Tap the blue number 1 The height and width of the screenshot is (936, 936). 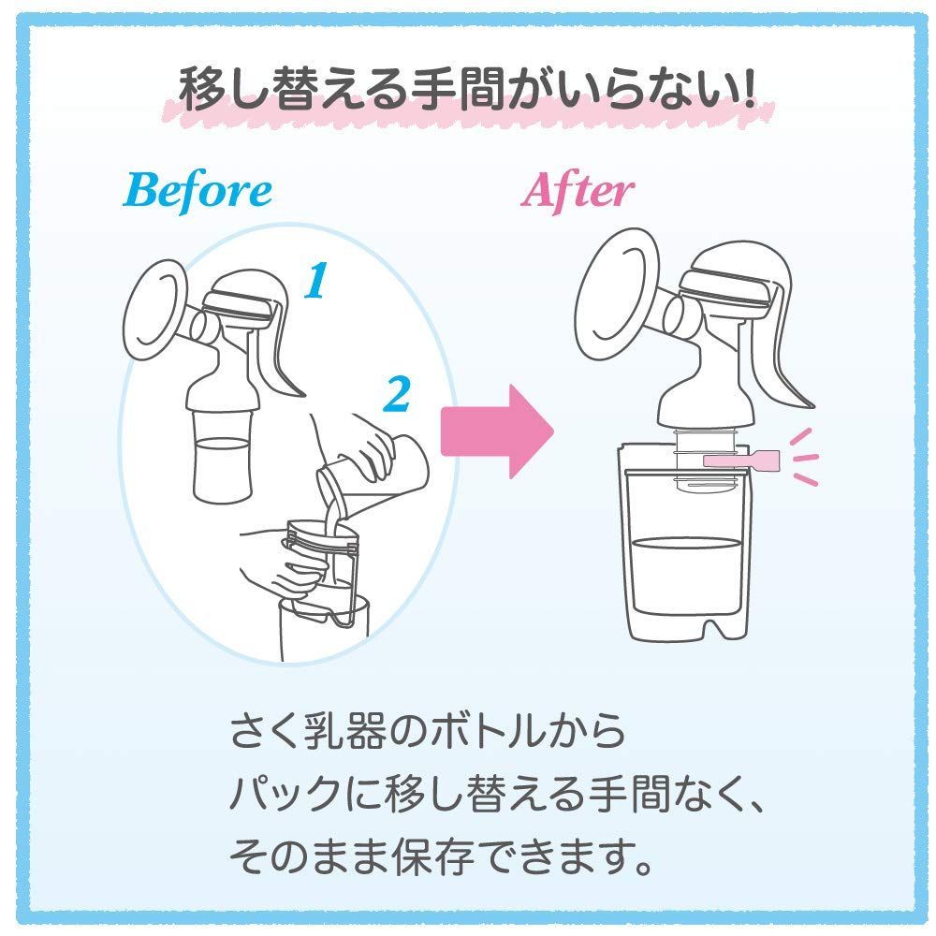tap(317, 280)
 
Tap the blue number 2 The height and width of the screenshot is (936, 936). tap(398, 395)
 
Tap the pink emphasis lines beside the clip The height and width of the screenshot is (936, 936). tap(802, 458)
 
